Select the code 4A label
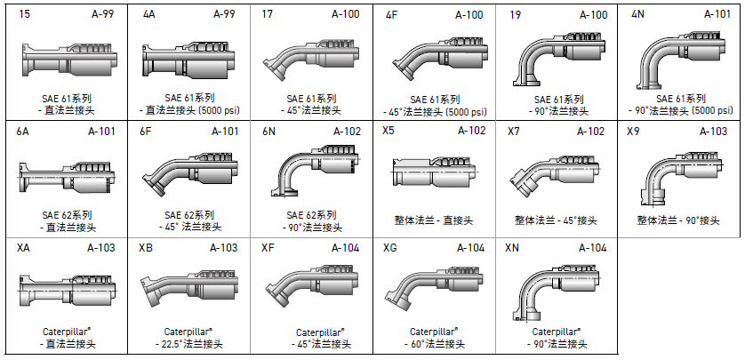coord(148,14)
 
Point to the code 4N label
coord(637,14)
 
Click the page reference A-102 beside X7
coord(590,131)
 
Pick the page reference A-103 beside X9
coord(713,131)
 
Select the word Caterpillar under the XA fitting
coord(61,331)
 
